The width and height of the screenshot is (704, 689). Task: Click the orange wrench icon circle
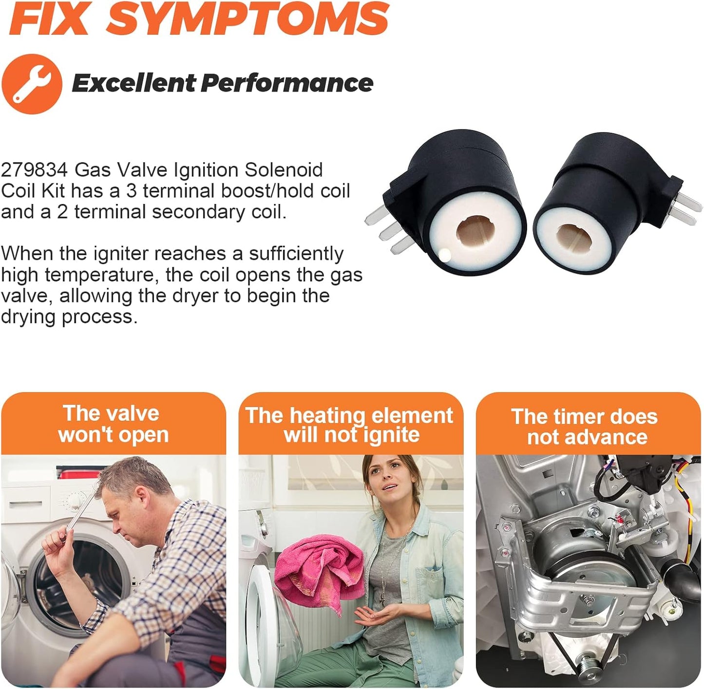pyautogui.click(x=32, y=84)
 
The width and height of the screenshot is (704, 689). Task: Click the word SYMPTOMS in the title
pyautogui.click(x=247, y=18)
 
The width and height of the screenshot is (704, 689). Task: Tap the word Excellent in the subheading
pyautogui.click(x=134, y=82)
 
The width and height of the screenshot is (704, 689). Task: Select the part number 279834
pyautogui.click(x=34, y=170)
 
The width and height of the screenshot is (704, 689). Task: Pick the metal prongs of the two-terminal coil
pyautogui.click(x=686, y=207)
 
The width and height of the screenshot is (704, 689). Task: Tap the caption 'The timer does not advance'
pyautogui.click(x=586, y=427)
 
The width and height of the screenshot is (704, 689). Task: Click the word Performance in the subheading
pyautogui.click(x=287, y=82)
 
